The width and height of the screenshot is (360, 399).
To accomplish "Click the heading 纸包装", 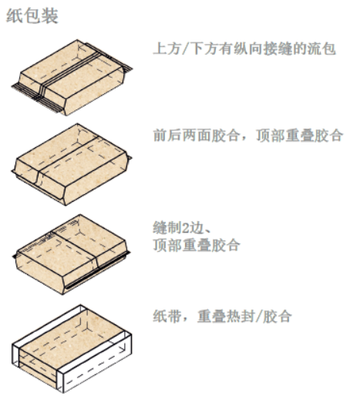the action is (x=32, y=16).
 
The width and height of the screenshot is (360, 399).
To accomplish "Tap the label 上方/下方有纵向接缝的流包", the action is (x=244, y=49).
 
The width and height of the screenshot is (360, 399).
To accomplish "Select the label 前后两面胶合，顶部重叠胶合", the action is (x=248, y=135).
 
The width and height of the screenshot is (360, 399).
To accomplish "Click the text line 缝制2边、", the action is (x=182, y=227).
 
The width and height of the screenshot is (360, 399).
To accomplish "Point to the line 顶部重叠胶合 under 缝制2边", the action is (x=197, y=245).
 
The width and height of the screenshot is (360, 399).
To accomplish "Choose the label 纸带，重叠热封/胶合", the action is (x=222, y=316).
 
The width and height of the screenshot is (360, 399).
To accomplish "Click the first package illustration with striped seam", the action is (x=72, y=78).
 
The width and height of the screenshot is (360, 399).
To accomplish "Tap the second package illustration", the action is (x=72, y=164).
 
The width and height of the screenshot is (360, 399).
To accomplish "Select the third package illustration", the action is (x=72, y=254).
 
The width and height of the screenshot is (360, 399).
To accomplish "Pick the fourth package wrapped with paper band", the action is (x=72, y=349).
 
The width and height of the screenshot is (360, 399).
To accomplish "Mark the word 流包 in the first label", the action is (x=321, y=49).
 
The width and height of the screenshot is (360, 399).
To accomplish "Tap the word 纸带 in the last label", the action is (x=167, y=316).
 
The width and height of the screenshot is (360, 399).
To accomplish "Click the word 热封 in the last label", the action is (x=241, y=316).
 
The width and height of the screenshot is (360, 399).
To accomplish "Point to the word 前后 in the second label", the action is (x=167, y=135).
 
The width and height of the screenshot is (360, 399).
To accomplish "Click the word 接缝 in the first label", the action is (x=278, y=49).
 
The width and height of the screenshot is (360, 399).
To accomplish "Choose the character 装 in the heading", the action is (x=50, y=16).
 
